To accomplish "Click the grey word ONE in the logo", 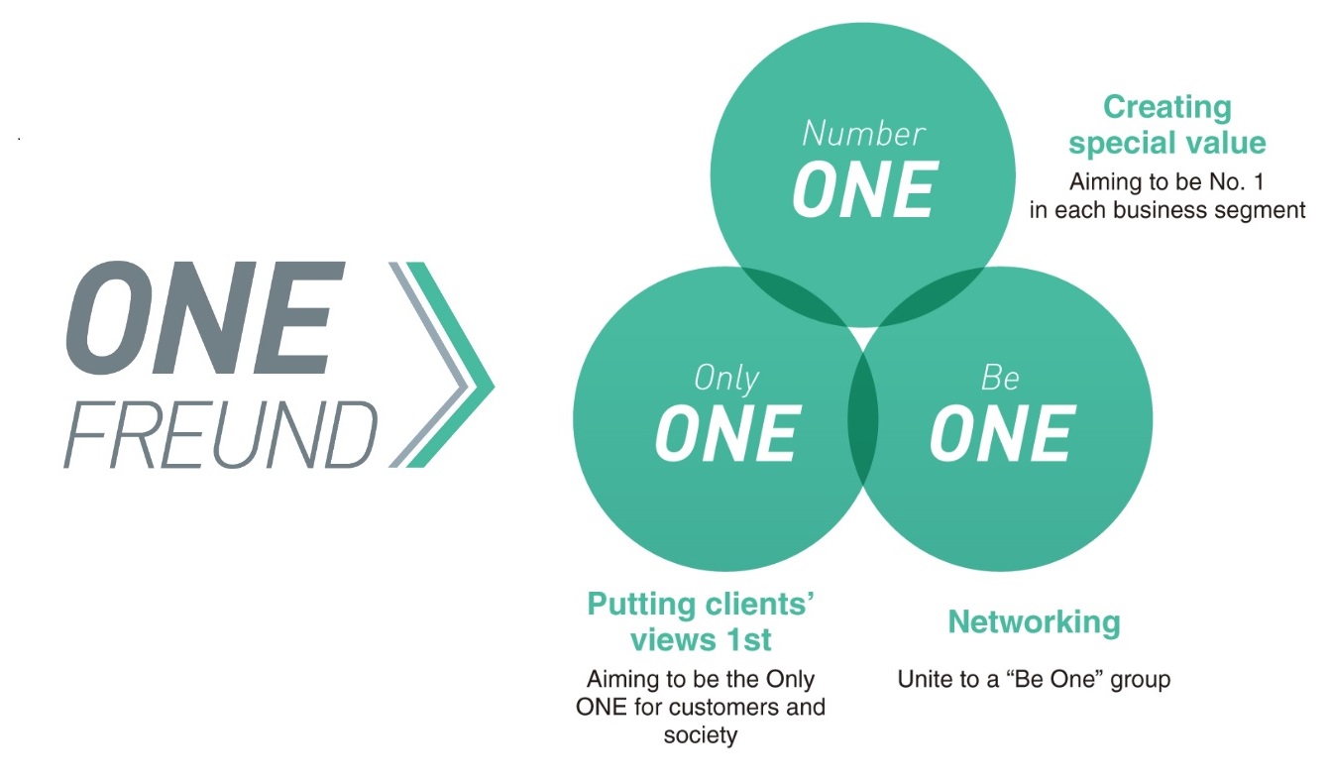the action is (x=206, y=317).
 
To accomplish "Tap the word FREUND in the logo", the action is (x=221, y=434).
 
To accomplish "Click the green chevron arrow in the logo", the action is (x=451, y=365).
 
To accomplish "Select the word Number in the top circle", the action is (x=864, y=134).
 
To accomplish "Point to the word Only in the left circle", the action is (x=726, y=379).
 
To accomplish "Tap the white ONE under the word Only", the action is (x=728, y=434).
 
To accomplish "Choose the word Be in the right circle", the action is (x=1000, y=378).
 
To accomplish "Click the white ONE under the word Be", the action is (x=1003, y=434).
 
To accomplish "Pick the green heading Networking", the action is (x=1034, y=623).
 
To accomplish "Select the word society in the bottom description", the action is (x=701, y=735).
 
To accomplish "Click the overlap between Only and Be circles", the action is (x=862, y=418).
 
